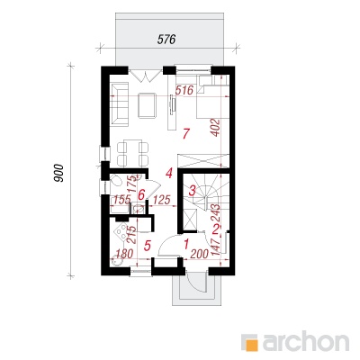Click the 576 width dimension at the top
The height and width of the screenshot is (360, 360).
[x=166, y=40]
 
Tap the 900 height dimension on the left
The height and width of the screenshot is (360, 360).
[x=59, y=173]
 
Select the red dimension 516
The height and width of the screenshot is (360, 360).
[x=184, y=90]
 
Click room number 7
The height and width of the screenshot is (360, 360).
[x=186, y=133]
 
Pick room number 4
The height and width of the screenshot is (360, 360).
[x=169, y=173]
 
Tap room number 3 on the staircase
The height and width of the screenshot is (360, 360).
[x=193, y=190]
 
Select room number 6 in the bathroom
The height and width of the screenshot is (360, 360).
[x=141, y=195]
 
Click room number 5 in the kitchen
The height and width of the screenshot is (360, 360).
[x=147, y=246]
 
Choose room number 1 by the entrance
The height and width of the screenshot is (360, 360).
[x=186, y=244]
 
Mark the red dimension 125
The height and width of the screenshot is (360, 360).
[x=162, y=200]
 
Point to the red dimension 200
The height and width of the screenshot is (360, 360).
[x=200, y=255]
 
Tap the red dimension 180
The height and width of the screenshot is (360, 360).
[x=123, y=254]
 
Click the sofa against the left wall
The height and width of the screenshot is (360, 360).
[x=120, y=103]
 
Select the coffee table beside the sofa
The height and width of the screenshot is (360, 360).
[x=147, y=105]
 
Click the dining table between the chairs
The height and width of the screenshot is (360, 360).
[x=133, y=153]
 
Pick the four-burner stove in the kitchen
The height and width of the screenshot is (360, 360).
[x=121, y=231]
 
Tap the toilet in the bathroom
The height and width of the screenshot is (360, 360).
[x=116, y=182]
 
